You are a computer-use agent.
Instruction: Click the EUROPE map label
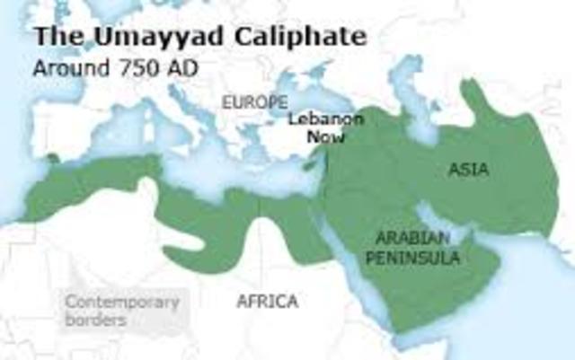[x=255, y=101]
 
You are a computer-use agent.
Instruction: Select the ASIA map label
[x=468, y=170]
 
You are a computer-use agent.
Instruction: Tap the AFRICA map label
[x=267, y=301]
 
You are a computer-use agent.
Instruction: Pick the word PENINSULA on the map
[x=418, y=258]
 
